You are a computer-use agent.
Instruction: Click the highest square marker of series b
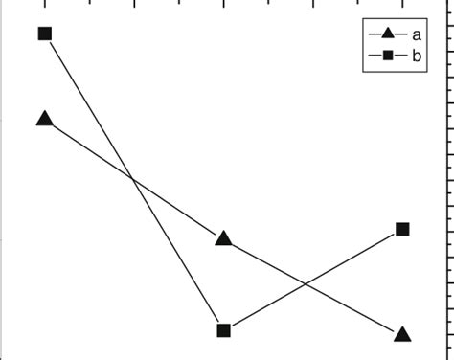coord(44,34)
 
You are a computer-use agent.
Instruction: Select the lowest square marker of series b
coord(223,330)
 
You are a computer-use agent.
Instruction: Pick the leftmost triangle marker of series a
coord(44,119)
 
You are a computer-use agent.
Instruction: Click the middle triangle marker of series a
coord(223,238)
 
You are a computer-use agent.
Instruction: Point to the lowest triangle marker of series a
coord(402,334)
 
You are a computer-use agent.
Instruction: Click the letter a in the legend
coord(418,34)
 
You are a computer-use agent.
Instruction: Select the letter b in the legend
coord(418,56)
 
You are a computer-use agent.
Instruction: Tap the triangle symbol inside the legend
coord(387,34)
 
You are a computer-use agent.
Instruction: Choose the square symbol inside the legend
coord(387,56)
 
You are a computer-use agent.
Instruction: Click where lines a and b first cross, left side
coord(133,179)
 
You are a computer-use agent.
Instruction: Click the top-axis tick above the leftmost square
coord(44,5)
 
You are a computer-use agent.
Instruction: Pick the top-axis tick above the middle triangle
coord(223,5)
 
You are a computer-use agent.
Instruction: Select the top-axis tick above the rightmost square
coord(402,5)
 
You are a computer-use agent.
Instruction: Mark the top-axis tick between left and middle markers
coord(134,5)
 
